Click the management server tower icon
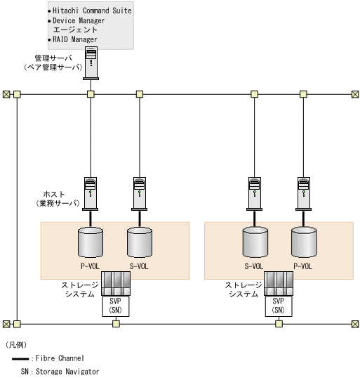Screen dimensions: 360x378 91,63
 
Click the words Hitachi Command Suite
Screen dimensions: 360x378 92,11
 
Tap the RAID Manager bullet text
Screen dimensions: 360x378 75,39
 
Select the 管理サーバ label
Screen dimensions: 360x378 53,58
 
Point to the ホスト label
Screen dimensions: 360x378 54,194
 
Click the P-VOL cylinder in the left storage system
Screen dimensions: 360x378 91,242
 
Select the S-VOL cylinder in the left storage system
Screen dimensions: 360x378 140,242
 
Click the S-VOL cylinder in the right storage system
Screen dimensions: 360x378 255,242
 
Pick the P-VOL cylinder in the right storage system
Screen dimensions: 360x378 304,242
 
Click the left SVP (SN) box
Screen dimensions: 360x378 116,306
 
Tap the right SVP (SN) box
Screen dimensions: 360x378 279,306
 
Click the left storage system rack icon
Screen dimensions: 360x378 116,284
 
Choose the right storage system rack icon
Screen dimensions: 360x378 279,284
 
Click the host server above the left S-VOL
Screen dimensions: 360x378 140,194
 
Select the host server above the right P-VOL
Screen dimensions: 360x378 303,194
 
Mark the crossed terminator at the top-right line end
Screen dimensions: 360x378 355,94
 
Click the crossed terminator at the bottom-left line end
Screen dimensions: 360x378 6,324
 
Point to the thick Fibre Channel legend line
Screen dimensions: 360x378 20,359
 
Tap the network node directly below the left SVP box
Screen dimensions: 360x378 116,324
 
